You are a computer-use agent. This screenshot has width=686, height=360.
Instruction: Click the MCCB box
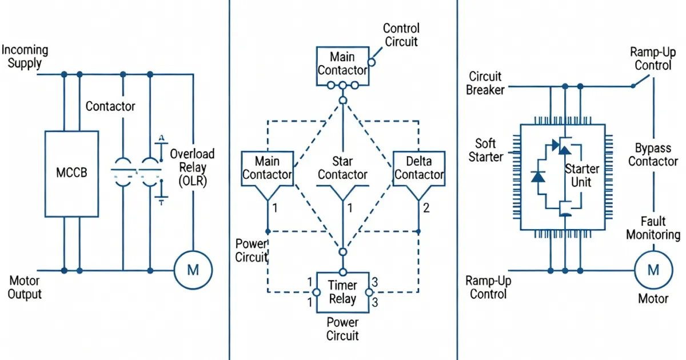pyautogui.click(x=71, y=173)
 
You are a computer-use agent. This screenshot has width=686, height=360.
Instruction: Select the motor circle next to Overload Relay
pyautogui.click(x=193, y=270)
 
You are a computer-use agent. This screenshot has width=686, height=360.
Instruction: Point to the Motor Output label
pyautogui.click(x=25, y=287)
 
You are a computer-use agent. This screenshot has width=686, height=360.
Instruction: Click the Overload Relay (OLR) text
pyautogui.click(x=192, y=168)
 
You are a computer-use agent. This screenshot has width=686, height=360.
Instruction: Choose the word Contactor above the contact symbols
pyautogui.click(x=110, y=106)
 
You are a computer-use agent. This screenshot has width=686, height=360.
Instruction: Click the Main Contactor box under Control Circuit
pyautogui.click(x=342, y=64)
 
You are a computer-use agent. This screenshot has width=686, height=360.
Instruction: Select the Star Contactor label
pyautogui.click(x=342, y=168)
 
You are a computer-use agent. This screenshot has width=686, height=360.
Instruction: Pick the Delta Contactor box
pyautogui.click(x=418, y=168)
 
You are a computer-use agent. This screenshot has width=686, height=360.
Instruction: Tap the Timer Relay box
pyautogui.click(x=342, y=291)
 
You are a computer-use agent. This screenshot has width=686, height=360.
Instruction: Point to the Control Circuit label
pyautogui.click(x=401, y=34)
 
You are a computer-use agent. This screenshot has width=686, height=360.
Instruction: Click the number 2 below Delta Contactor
pyautogui.click(x=426, y=208)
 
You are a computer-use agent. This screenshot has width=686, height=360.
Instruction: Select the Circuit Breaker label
pyautogui.click(x=485, y=83)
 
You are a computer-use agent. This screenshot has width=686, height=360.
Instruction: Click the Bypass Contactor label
pyautogui.click(x=653, y=154)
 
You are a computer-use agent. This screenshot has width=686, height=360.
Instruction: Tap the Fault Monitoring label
pyautogui.click(x=653, y=228)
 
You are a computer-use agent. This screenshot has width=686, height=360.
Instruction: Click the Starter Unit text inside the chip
pyautogui.click(x=581, y=175)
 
